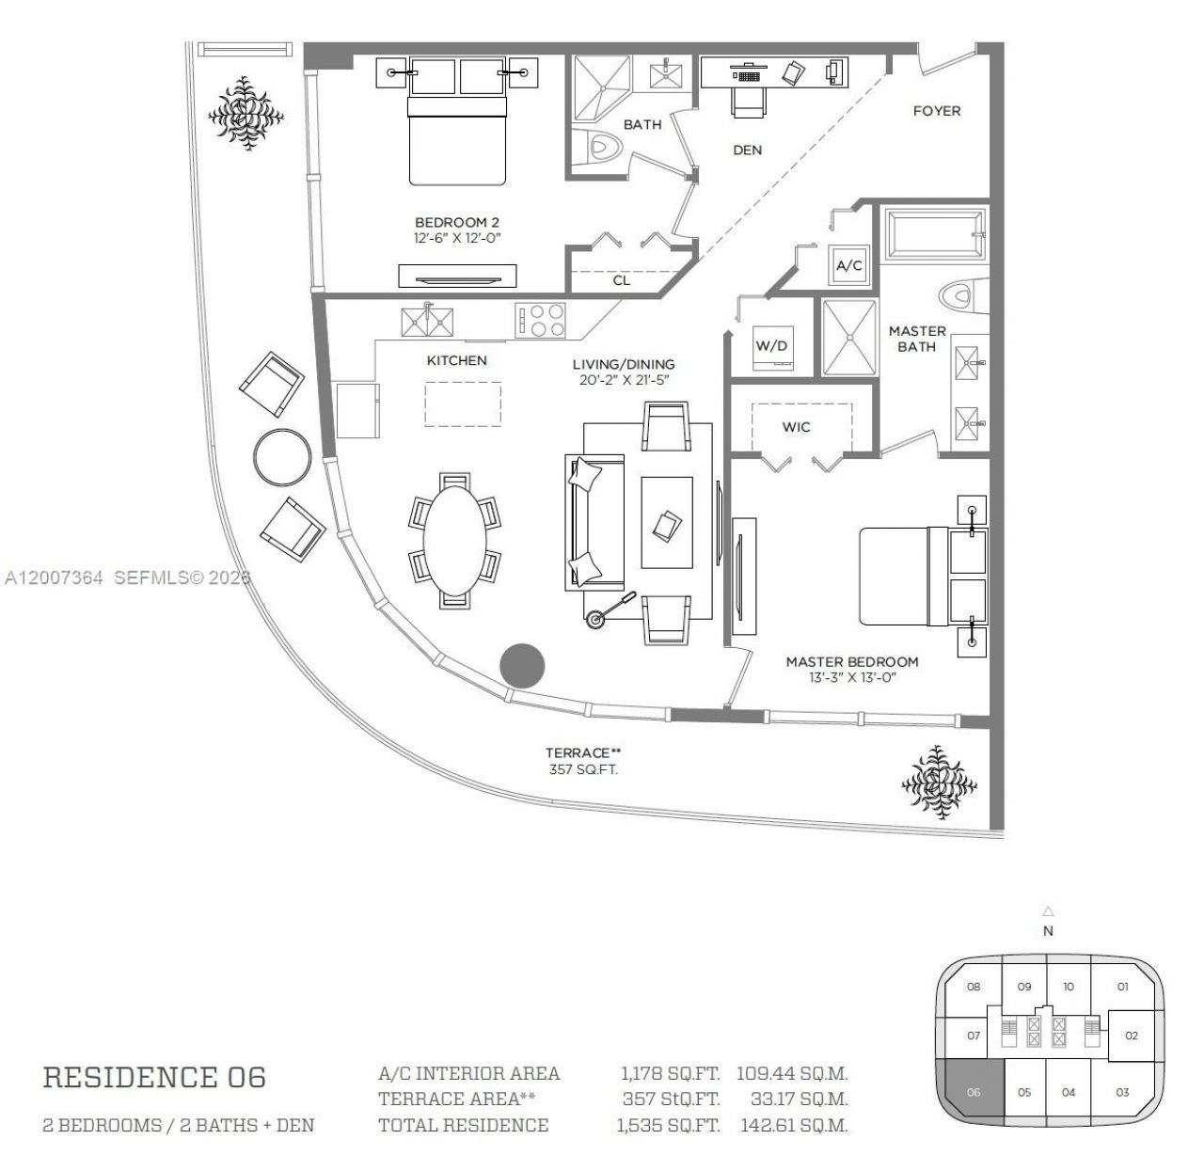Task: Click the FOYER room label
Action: tap(936, 111)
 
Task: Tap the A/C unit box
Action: tap(848, 266)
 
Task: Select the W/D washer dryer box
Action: tap(771, 345)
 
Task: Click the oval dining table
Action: tap(455, 539)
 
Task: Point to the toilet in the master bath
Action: tap(958, 297)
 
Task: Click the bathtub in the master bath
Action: tap(932, 233)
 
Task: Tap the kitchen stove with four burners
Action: tap(541, 320)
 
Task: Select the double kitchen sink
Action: tap(428, 322)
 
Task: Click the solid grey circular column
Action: tap(521, 665)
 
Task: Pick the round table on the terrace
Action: tap(282, 457)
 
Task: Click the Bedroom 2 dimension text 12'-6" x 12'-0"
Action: tap(457, 238)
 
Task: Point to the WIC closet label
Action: tap(796, 427)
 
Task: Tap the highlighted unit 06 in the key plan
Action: tap(972, 1092)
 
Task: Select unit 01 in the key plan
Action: tap(1122, 987)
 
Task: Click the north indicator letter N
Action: tap(1048, 931)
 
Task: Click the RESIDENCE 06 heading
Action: tap(154, 1078)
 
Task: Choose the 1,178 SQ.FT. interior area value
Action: tap(669, 1073)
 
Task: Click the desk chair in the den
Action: tap(748, 101)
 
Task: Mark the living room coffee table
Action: tap(666, 521)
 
